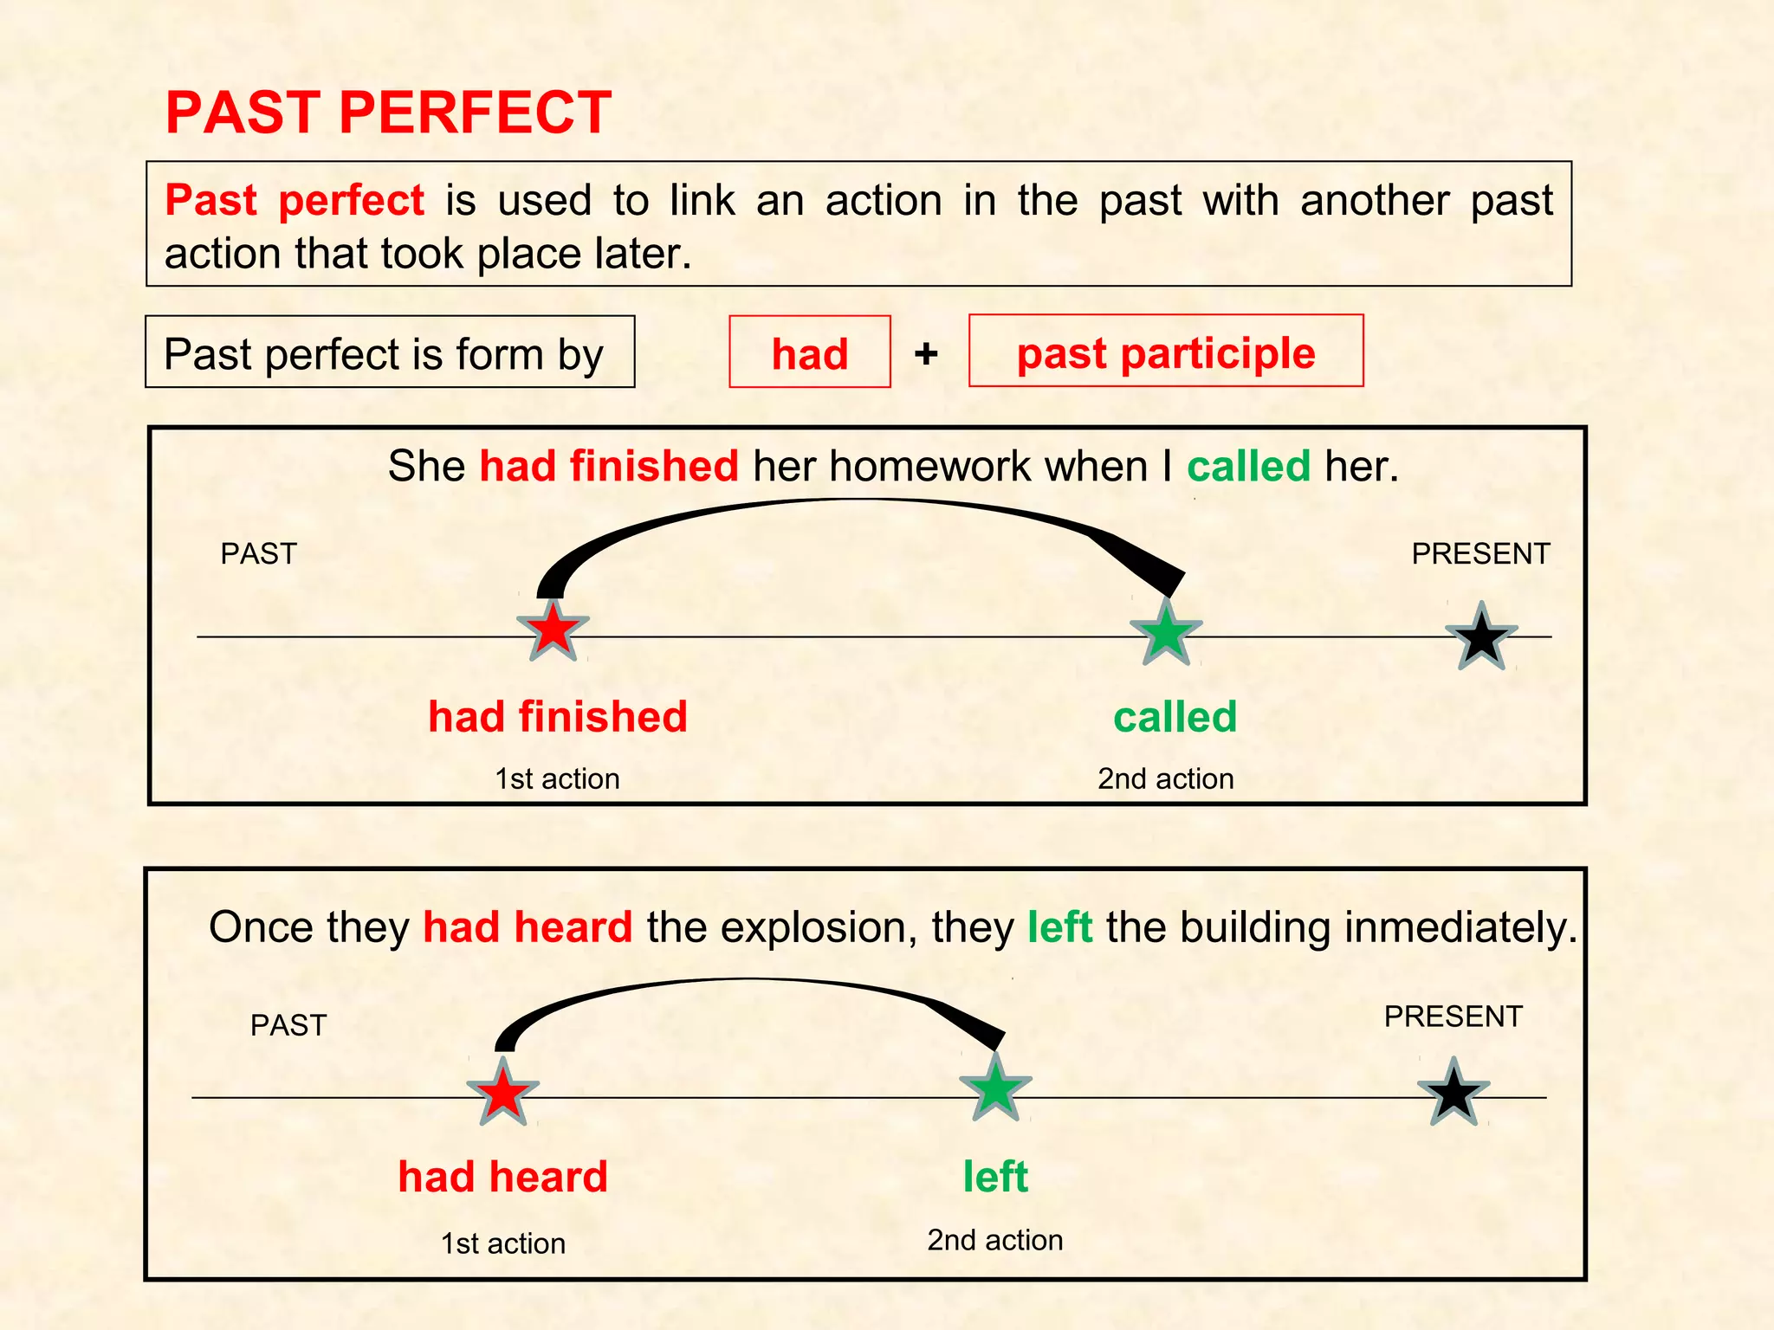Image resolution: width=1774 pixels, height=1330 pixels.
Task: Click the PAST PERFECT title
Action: point(388,113)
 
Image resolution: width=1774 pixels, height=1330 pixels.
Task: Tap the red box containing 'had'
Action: point(809,352)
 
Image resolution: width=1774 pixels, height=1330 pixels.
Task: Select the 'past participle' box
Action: point(1165,352)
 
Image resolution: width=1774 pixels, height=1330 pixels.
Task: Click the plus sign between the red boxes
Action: point(926,353)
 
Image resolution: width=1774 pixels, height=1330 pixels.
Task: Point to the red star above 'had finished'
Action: point(553,631)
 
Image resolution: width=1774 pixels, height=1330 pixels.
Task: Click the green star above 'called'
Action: point(1166,633)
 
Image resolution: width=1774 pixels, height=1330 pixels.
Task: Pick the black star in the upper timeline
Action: point(1481,636)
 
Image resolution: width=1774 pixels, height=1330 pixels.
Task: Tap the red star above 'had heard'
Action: point(502,1093)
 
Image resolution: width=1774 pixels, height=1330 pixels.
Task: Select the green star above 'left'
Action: point(995,1088)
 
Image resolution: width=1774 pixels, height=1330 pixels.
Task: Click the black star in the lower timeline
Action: point(1454,1093)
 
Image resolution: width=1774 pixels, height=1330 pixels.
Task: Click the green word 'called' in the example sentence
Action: point(1248,467)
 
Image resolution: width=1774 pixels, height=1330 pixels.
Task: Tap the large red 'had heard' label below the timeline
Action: point(502,1177)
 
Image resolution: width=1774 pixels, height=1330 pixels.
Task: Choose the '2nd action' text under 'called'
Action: point(1165,778)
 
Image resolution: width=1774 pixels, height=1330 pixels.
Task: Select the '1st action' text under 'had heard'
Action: point(502,1243)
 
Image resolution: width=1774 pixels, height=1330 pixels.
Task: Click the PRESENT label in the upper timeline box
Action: point(1480,553)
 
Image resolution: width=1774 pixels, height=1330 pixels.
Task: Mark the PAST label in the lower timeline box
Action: point(288,1025)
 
